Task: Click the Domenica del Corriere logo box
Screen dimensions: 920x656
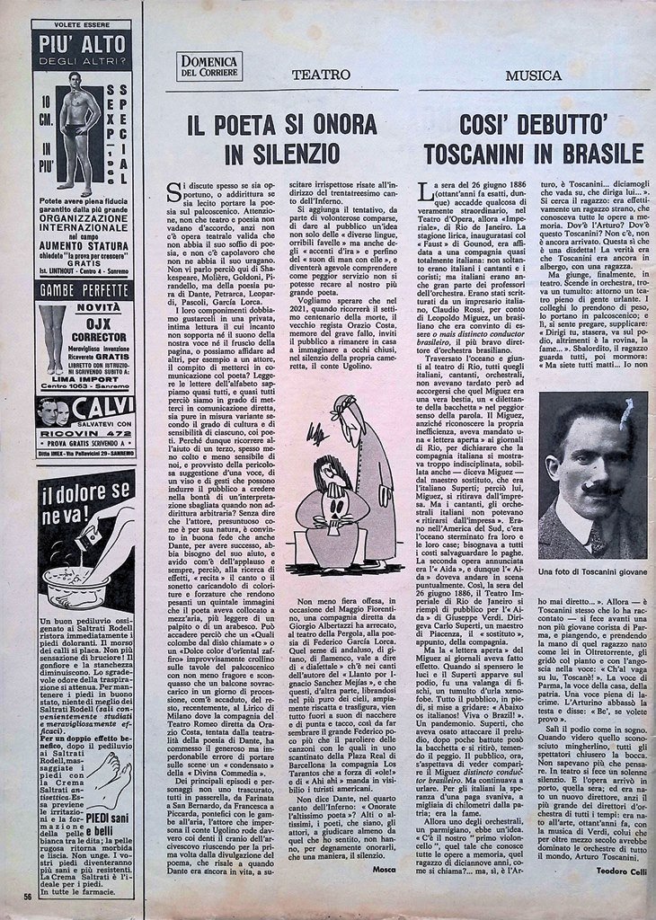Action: [x=208, y=66]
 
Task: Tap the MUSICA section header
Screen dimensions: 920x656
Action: [x=534, y=75]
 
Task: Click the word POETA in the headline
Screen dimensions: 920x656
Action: [x=270, y=125]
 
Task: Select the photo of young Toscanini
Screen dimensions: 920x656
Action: [x=592, y=475]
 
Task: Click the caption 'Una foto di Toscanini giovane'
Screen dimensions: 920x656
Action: [x=592, y=571]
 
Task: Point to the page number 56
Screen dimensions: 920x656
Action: [x=29, y=895]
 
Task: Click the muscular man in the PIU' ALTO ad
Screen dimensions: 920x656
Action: [x=80, y=134]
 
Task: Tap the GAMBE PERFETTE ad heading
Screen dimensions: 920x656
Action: [x=84, y=290]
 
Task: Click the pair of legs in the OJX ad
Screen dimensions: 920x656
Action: [x=51, y=338]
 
